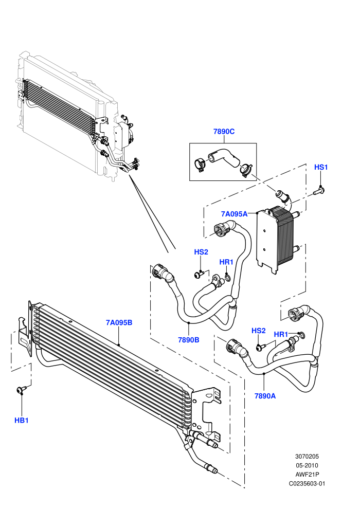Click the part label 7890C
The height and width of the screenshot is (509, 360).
pos(224,132)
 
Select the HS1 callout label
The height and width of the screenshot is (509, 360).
pos(321,167)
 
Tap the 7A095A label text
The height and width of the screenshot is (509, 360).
pos(234,214)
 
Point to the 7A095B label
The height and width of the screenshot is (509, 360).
pos(119,323)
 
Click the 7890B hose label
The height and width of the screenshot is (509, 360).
pos(189,340)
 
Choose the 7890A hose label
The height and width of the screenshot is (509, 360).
pos(265,396)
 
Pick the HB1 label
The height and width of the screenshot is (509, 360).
pos(22,421)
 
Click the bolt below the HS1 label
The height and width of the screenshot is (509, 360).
pos(319,191)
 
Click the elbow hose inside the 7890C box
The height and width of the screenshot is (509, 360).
pos(223,157)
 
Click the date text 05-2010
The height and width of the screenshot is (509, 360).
pos(307,465)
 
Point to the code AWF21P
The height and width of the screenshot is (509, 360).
pos(307,474)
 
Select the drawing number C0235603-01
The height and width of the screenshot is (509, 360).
pos(307,483)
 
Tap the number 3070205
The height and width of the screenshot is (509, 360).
pos(307,456)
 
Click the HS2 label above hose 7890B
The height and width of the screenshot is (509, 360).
pos(201,252)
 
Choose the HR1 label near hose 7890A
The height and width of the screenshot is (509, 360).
pos(281,334)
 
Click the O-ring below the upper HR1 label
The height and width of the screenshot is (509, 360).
pos(227,277)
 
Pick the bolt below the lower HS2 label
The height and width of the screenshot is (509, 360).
pos(261,347)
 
